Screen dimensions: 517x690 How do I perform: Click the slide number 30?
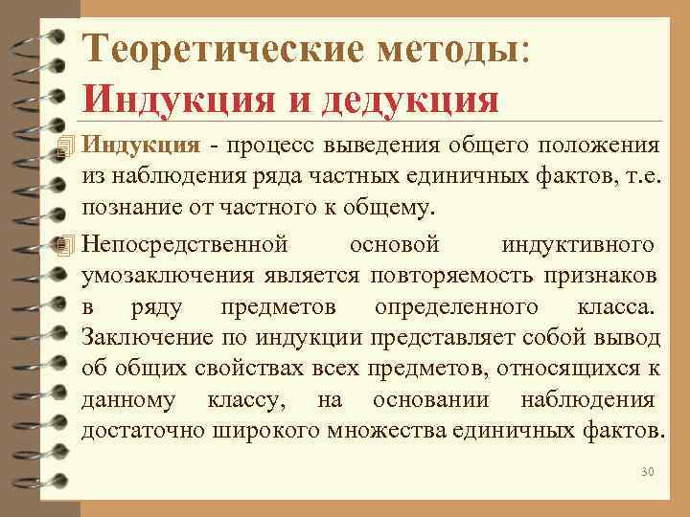coord(645,473)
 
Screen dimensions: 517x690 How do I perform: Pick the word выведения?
coord(381,146)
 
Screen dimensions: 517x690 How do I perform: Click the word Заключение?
coord(141,338)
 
